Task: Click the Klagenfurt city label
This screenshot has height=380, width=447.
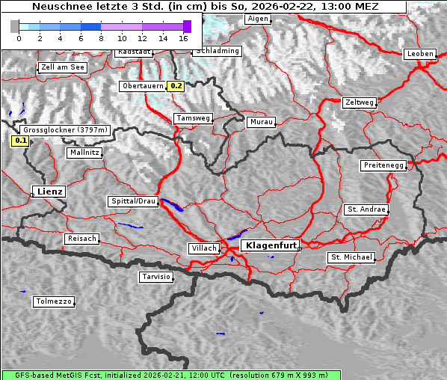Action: coord(272,245)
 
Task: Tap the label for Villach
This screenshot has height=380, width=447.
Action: coord(203,248)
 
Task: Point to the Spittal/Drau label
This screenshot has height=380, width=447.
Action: coord(133,201)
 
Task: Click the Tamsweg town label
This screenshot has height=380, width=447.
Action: coord(193,118)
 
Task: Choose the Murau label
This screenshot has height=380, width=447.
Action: coord(262,121)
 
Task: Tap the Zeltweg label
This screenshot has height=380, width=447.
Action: coord(359,102)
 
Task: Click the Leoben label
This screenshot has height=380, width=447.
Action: coord(419,54)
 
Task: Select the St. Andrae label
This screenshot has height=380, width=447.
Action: coord(366,209)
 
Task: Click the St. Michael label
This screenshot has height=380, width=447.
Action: coord(351,257)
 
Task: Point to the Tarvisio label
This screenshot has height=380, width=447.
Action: coord(156,277)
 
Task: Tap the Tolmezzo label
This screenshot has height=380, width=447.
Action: coord(53,301)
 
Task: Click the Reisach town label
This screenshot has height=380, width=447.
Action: coord(81,239)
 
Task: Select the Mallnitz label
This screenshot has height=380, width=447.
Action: coord(84,152)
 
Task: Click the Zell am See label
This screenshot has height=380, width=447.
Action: coord(63,67)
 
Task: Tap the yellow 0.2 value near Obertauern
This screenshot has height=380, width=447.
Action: coord(176,86)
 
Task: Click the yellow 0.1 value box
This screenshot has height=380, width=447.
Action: coord(20,140)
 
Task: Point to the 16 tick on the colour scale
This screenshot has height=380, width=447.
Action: coord(183,37)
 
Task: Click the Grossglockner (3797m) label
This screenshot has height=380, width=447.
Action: coord(66,129)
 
